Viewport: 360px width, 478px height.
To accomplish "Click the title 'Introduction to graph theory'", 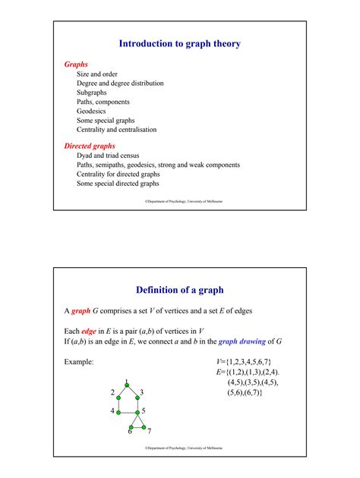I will click(x=180, y=44).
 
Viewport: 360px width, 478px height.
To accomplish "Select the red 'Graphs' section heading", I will click(x=77, y=64).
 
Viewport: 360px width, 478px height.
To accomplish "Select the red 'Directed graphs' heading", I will click(x=90, y=145).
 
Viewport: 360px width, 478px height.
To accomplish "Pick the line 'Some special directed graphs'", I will click(x=118, y=183).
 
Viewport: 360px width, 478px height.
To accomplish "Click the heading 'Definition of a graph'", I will click(x=180, y=289).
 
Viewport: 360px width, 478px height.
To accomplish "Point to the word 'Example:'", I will click(x=78, y=362).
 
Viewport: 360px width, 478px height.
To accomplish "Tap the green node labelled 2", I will click(x=118, y=393).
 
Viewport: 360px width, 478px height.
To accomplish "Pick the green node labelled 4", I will click(x=118, y=411).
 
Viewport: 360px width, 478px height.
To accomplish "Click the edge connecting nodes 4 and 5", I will click(x=127, y=411).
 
